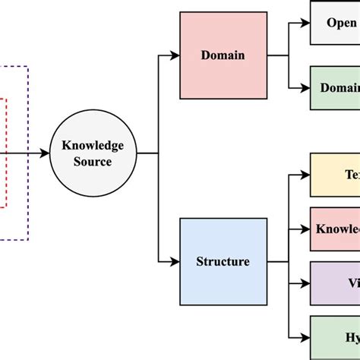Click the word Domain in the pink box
223,55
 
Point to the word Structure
223,262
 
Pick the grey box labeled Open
335,22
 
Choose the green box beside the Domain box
335,87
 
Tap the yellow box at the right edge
335,174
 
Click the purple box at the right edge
335,283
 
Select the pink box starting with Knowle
335,229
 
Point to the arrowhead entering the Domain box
175,55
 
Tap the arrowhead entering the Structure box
175,262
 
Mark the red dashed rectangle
7,152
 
